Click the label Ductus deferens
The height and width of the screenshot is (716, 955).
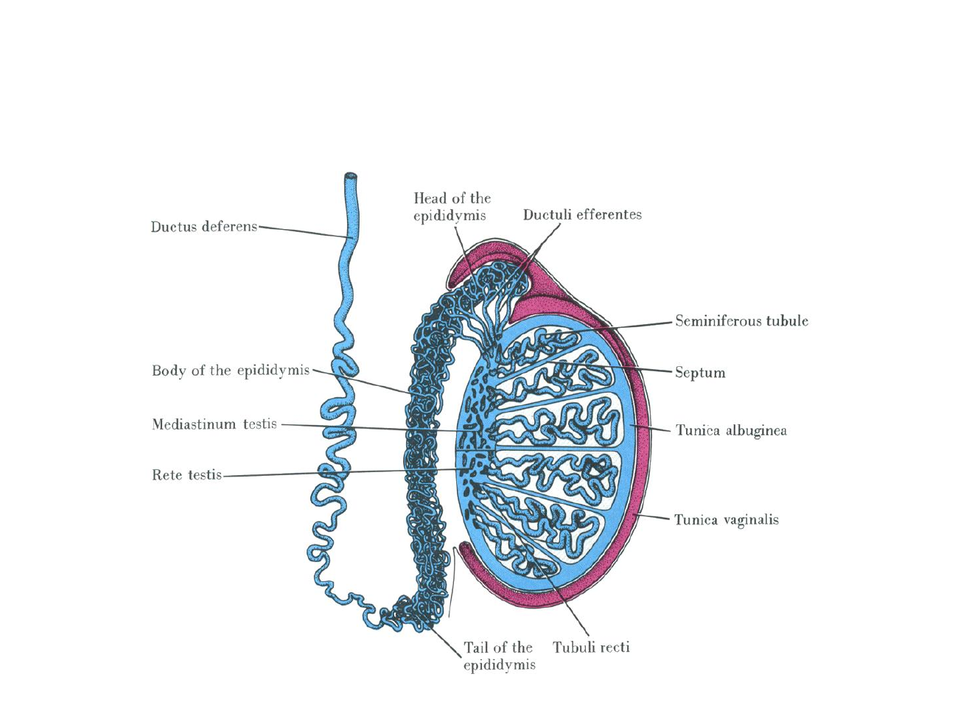(204, 227)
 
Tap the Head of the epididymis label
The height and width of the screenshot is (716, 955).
(452, 207)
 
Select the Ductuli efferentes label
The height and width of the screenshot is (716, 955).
(582, 214)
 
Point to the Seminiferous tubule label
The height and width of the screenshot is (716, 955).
(741, 321)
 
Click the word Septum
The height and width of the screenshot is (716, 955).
(700, 373)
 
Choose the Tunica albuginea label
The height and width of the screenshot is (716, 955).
(731, 430)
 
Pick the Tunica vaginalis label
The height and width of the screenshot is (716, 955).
(726, 520)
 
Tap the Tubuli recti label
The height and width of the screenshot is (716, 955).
(591, 647)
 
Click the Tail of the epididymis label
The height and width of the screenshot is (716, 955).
(499, 656)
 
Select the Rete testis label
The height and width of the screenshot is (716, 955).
(186, 475)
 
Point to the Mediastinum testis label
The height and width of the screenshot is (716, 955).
(214, 424)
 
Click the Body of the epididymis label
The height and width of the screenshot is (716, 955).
(231, 371)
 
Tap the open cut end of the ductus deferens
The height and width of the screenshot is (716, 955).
(351, 177)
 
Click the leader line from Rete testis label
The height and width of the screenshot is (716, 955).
(339, 473)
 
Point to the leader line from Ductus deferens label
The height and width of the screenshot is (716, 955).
(302, 231)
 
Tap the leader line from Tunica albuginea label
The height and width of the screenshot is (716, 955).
(652, 428)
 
